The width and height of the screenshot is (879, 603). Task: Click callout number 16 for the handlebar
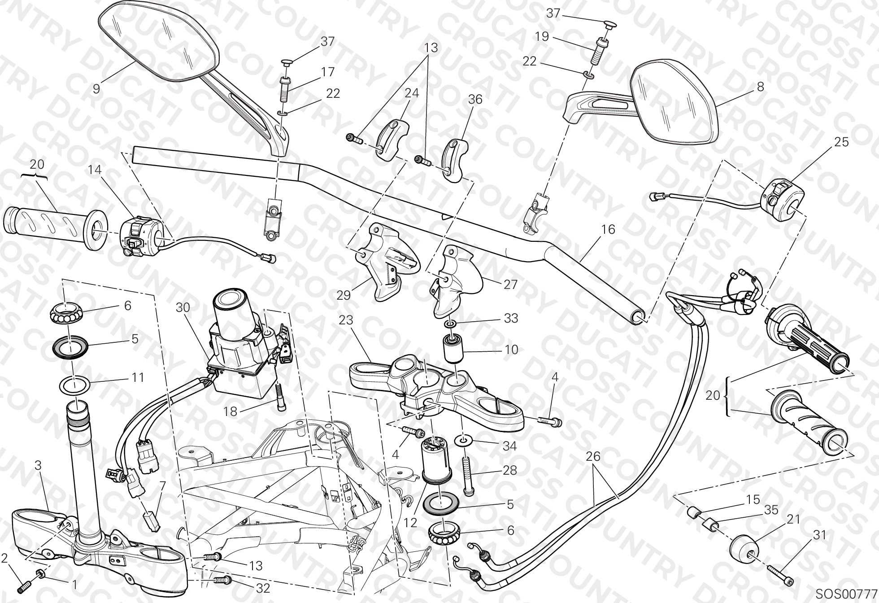click(608, 229)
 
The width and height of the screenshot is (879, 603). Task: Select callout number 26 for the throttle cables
click(593, 456)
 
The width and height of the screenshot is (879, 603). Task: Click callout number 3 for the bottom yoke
click(38, 465)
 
